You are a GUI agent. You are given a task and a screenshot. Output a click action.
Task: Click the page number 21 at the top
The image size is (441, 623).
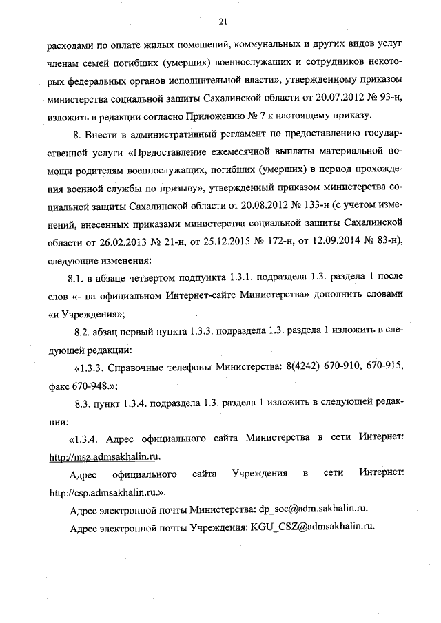pyautogui.click(x=223, y=21)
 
